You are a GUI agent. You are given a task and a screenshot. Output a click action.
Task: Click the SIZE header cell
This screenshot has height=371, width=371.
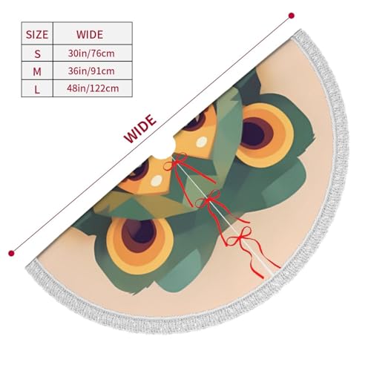[x=37, y=34]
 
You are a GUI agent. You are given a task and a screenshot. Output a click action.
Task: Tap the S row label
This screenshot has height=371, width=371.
[x=37, y=53]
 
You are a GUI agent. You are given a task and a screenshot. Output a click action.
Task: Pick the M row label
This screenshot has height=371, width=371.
[x=37, y=71]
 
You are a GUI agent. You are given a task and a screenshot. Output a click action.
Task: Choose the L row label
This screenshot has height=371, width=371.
[x=37, y=89]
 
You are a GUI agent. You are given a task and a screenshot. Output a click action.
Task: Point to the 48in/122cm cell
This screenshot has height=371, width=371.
[x=93, y=89]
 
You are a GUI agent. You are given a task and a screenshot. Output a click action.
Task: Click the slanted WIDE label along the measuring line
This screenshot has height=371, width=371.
[x=140, y=129]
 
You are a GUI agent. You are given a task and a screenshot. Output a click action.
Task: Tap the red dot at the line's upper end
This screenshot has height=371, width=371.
[x=292, y=16]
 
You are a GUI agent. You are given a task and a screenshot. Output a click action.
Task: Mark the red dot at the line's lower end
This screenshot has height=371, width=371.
[x=11, y=253]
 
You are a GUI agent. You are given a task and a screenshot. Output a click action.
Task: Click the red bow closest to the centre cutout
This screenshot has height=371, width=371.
[x=176, y=162]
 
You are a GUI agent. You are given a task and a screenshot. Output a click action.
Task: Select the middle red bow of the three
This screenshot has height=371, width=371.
[x=209, y=200]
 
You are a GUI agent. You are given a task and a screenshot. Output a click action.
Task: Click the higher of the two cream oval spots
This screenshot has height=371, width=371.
[x=202, y=142]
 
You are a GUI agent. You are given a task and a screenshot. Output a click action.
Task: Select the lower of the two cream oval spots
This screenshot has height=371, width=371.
[x=157, y=180]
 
